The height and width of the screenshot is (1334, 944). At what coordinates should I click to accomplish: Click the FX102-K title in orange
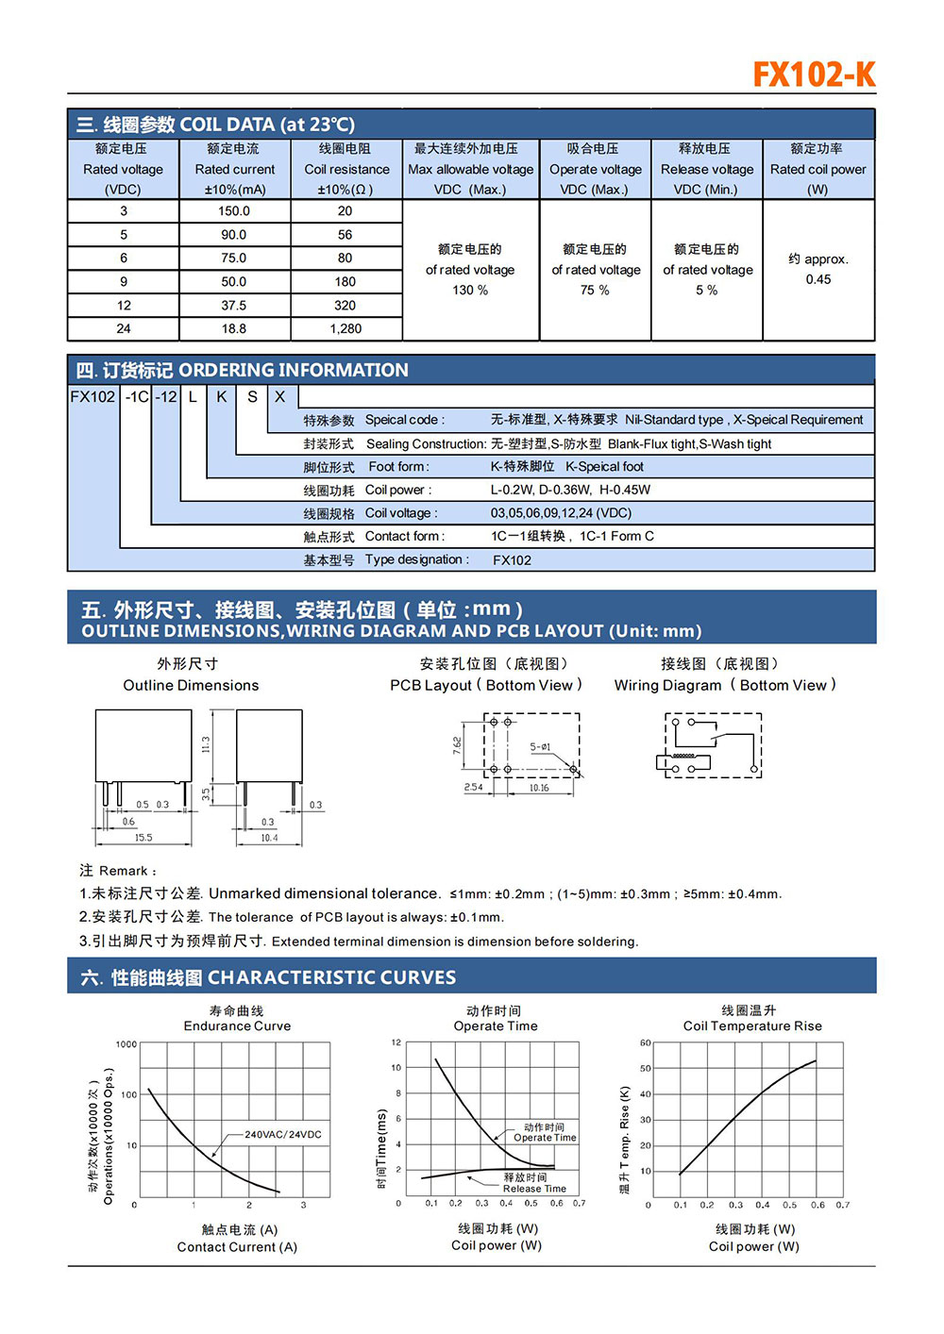(814, 74)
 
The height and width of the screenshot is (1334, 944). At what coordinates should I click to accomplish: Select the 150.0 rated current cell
(234, 211)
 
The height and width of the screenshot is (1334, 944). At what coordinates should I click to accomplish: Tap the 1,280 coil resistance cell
(346, 328)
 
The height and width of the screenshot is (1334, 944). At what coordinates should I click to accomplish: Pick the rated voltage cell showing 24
(124, 328)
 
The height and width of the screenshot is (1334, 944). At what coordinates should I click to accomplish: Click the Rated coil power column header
(818, 169)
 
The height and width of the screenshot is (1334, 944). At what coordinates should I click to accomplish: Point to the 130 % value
(470, 290)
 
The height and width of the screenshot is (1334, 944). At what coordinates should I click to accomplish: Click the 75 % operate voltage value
(595, 290)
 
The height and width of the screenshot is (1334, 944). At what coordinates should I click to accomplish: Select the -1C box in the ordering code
(137, 396)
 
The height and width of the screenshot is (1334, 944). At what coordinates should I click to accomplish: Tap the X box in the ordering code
(280, 396)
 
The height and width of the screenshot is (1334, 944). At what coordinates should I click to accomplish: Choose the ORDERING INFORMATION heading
(294, 370)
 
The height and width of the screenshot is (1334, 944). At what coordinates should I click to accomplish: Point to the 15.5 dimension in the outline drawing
(143, 837)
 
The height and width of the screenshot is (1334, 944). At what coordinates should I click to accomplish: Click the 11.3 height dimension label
(206, 744)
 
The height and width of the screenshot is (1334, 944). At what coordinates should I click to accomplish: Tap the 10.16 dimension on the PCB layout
(539, 788)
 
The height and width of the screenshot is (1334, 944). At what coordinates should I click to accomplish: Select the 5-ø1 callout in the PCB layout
(540, 747)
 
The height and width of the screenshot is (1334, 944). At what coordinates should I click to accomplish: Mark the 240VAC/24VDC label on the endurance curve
(282, 1134)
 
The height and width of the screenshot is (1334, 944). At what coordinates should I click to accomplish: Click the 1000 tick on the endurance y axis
(126, 1044)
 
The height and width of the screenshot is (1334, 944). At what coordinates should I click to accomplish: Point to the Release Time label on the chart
(534, 1189)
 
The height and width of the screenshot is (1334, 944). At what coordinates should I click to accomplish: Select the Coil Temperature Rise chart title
(752, 1026)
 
